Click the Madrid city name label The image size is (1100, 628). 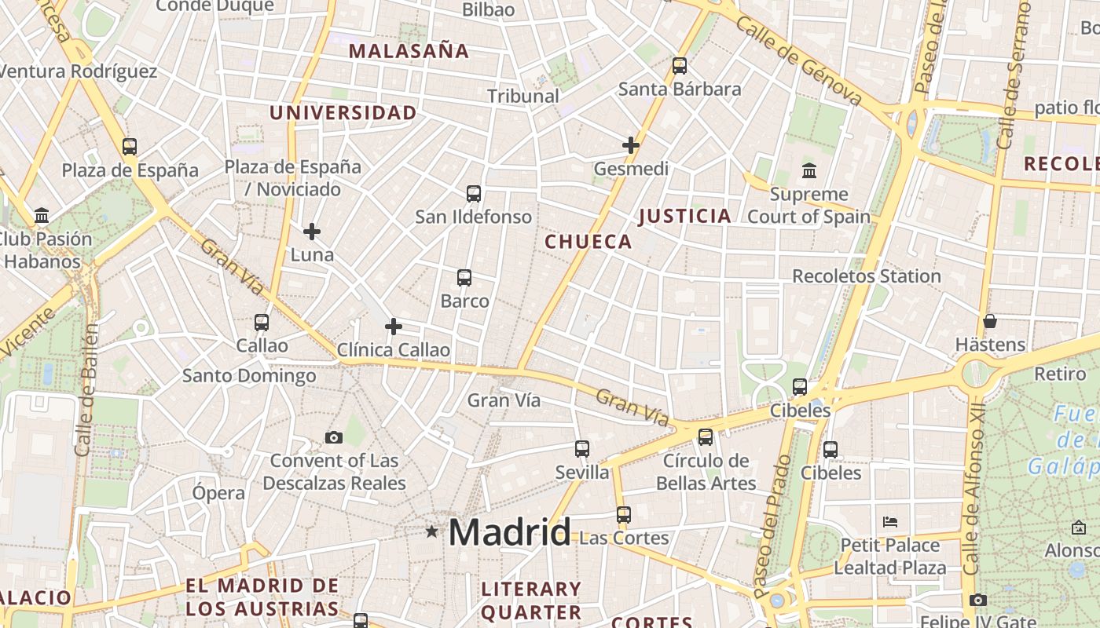pos(509,533)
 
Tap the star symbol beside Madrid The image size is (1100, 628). pos(431,531)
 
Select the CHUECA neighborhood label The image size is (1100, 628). pos(588,242)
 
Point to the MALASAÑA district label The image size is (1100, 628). pos(409,52)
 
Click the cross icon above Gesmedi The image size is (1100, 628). pos(631,145)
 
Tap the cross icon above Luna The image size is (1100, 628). pos(312,232)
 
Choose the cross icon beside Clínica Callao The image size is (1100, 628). pos(394,327)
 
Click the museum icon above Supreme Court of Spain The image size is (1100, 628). pos(808,170)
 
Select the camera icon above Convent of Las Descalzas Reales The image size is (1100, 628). pos(334,437)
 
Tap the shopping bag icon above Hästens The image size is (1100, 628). pos(990,321)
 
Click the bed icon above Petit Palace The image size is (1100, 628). pos(890,521)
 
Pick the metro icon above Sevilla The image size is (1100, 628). pos(582,449)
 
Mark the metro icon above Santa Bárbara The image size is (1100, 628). pos(680,66)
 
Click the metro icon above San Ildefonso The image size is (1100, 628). pos(474,194)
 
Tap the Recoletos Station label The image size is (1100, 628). pos(866,276)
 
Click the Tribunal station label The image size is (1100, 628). pos(523,97)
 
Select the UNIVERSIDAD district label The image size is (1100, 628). pos(343,113)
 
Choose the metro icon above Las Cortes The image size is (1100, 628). pos(624,515)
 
